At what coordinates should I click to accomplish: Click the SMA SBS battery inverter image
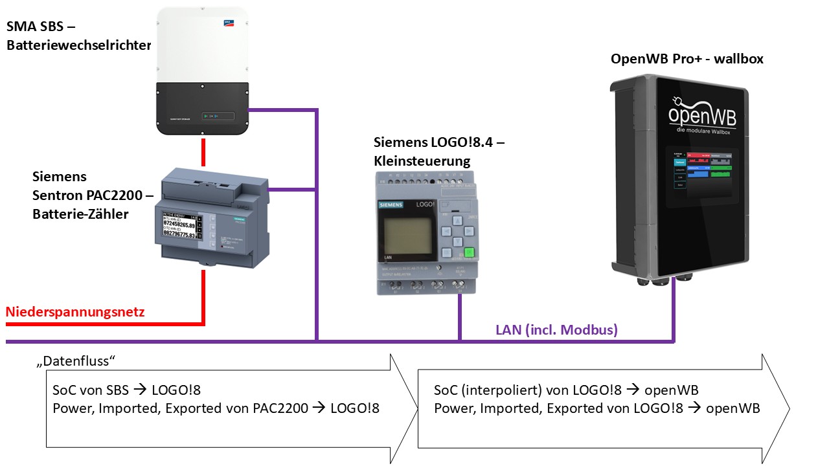click(203, 71)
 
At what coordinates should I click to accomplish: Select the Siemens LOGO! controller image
click(427, 233)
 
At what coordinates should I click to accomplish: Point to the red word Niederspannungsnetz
click(75, 312)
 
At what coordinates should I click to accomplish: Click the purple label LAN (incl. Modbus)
click(556, 329)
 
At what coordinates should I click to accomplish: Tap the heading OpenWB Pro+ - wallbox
click(687, 59)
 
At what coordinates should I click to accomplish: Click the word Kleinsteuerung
click(422, 160)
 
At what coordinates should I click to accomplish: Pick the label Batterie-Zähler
click(81, 214)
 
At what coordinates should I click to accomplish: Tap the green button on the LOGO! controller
click(470, 253)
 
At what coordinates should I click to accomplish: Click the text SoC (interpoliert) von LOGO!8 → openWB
click(565, 390)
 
